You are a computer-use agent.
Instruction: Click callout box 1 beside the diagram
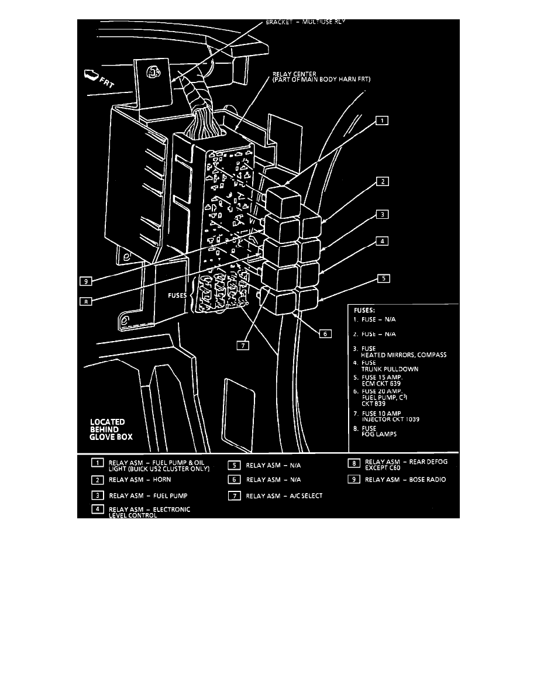point(381,121)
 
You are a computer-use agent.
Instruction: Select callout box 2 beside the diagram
point(381,182)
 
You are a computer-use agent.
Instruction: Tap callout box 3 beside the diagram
point(381,215)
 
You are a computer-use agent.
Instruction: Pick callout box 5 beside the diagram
point(383,278)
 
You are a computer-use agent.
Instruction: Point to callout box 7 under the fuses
point(243,345)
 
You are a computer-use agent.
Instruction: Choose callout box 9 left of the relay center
point(85,281)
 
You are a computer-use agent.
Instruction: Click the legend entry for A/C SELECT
point(284,496)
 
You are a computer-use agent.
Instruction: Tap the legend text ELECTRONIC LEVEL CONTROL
point(149,512)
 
